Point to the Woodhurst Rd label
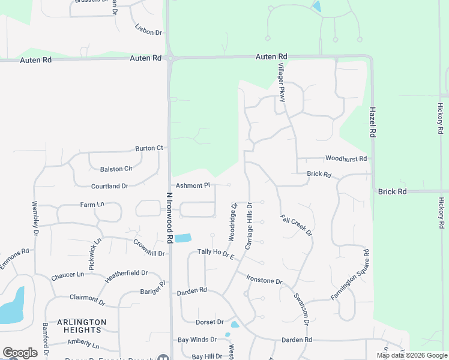pyautogui.click(x=346, y=159)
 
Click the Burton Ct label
pyautogui.click(x=149, y=148)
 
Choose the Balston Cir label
pyautogui.click(x=116, y=169)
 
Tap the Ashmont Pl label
pyautogui.click(x=193, y=185)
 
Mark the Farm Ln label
pyautogui.click(x=92, y=205)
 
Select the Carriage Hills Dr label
pyautogui.click(x=249, y=226)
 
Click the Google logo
pyautogui.click(x=20, y=353)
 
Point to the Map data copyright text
pyautogui.click(x=411, y=355)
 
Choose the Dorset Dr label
pyautogui.click(x=209, y=322)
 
